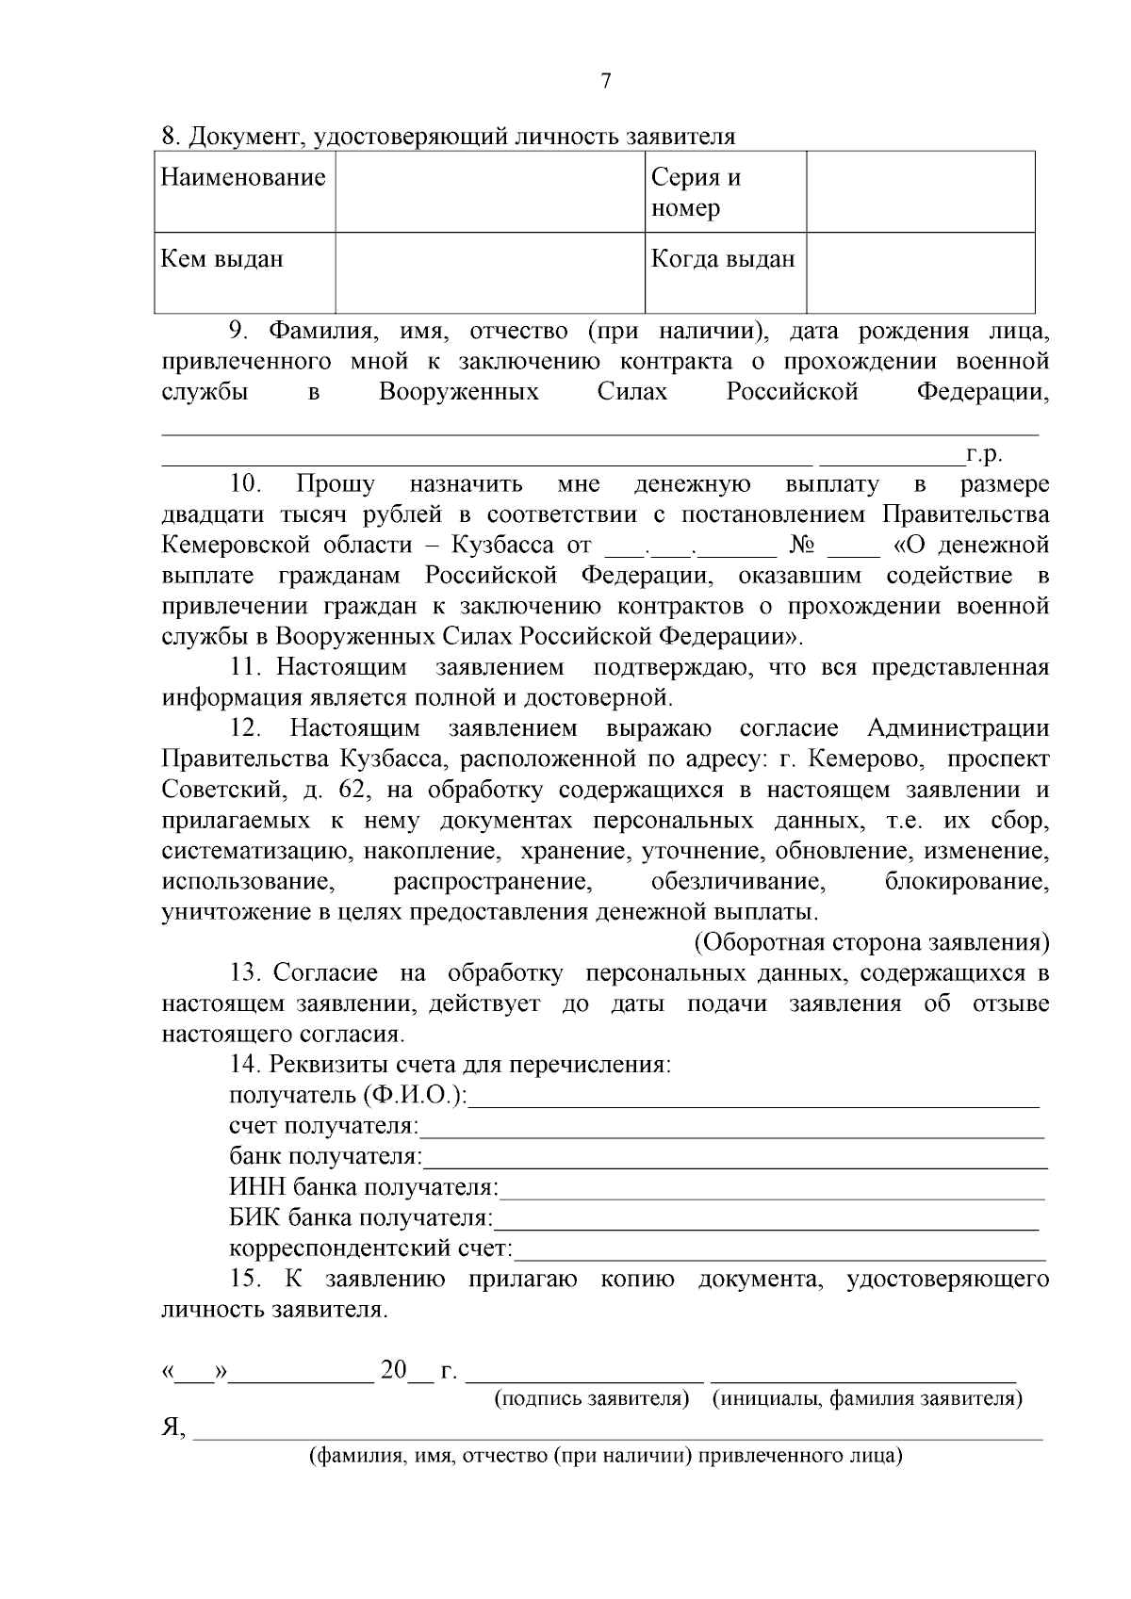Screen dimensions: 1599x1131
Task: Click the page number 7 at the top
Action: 605,82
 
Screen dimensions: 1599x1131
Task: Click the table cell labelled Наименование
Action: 244,178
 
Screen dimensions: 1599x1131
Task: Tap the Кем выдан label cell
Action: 223,259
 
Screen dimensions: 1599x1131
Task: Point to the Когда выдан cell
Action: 723,259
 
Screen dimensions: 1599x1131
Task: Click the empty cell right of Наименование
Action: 490,192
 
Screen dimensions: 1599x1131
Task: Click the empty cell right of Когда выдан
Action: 920,272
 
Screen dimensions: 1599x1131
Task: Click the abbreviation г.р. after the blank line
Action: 983,455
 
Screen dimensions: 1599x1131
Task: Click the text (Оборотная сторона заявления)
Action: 872,943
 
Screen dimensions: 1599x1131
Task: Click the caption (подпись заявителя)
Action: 592,1399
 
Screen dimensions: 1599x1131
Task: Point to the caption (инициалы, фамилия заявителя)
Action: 867,1399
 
